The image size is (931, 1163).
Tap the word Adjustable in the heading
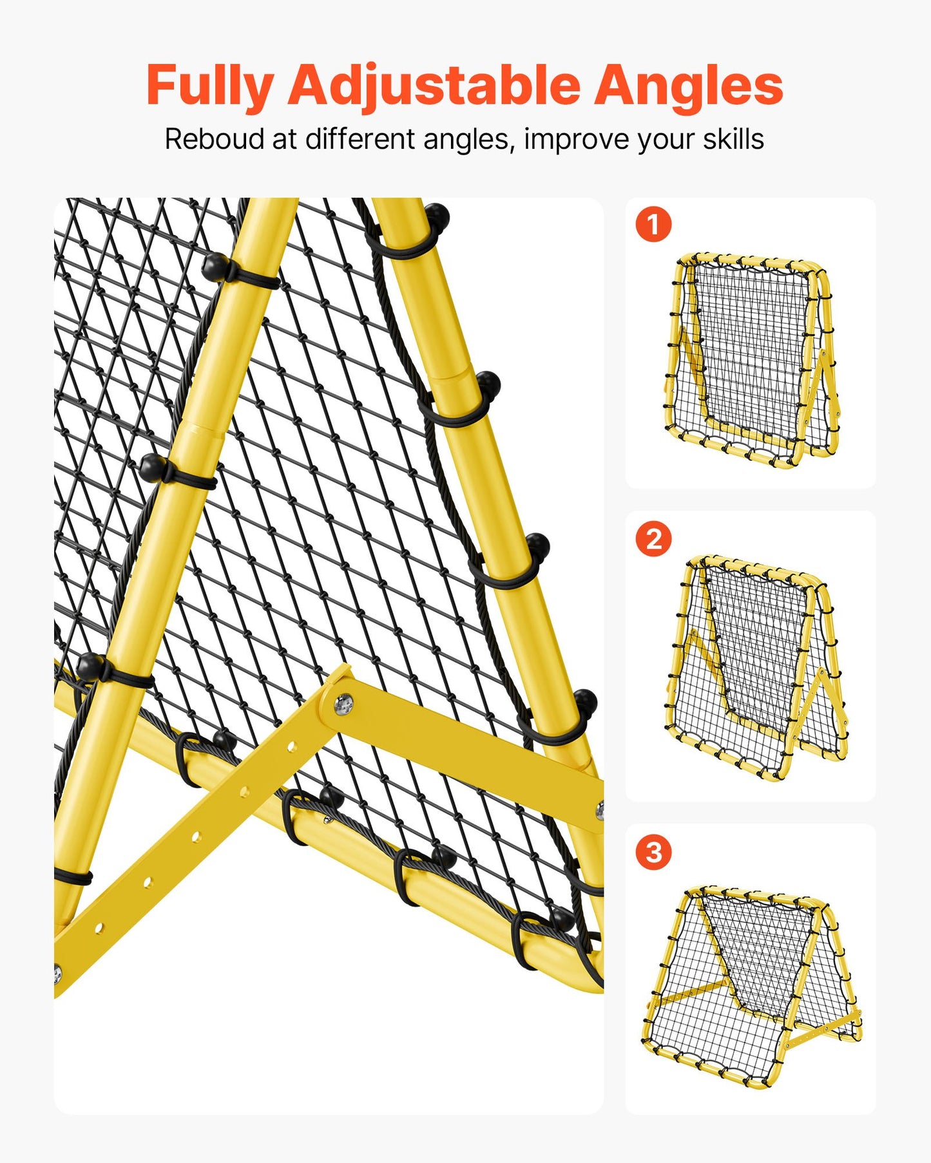click(x=434, y=86)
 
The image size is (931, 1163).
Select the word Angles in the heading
click(x=687, y=86)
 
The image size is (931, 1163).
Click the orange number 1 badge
click(x=653, y=225)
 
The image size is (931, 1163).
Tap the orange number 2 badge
click(x=653, y=538)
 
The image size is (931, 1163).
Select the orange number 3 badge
click(x=653, y=852)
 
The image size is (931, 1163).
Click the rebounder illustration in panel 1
click(x=751, y=361)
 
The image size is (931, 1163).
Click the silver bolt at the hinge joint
click(x=343, y=704)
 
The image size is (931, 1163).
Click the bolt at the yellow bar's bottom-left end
click(x=57, y=973)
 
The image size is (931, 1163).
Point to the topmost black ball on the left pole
click(x=215, y=265)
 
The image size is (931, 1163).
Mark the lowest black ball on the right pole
click(x=584, y=701)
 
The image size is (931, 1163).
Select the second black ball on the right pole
click(x=488, y=384)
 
